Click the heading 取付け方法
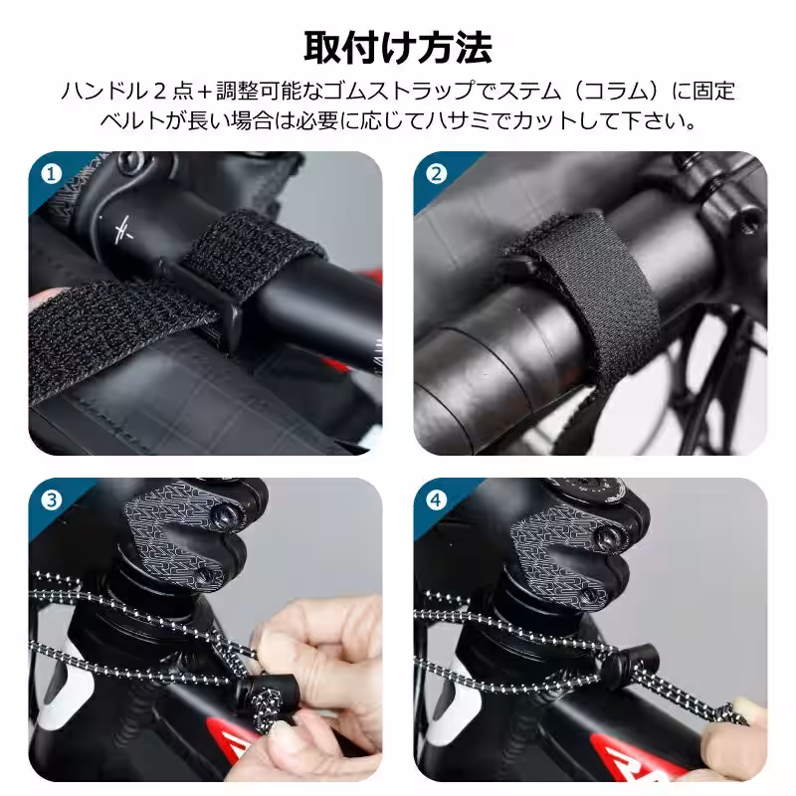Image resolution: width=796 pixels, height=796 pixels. (x=397, y=46)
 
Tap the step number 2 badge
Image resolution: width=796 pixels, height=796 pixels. (x=436, y=173)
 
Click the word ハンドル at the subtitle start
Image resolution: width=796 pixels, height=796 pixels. (x=97, y=92)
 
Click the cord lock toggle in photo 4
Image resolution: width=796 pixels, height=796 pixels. (x=634, y=659)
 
